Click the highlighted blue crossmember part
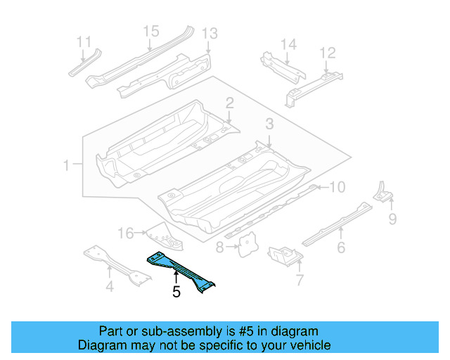tap(182, 269)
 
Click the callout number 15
tap(151, 31)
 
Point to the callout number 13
tap(210, 33)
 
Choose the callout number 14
tap(289, 44)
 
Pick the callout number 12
tap(328, 53)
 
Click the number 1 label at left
tap(67, 166)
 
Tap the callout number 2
tap(230, 104)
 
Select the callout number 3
tap(269, 124)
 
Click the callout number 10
tap(338, 187)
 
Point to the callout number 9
tap(392, 219)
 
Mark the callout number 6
tap(341, 247)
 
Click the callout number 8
tap(219, 247)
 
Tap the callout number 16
tap(125, 233)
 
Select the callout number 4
tap(109, 285)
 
